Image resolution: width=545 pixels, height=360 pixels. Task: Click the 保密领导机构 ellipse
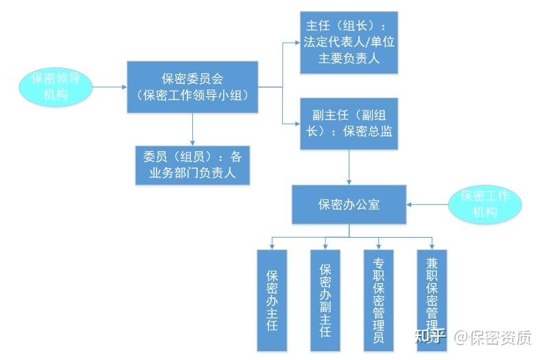pos(56,87)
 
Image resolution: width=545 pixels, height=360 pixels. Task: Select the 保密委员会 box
pos(192,87)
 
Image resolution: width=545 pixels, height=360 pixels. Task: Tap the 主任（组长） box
pos(349,43)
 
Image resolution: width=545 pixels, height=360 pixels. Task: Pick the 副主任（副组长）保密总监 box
pos(349,124)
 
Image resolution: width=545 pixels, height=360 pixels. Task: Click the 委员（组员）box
pos(192,165)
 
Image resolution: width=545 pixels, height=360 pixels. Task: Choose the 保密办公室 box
pos(349,205)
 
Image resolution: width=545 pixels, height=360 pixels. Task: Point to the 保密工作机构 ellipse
pos(485,204)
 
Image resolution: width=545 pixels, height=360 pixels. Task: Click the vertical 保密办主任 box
pos(272,300)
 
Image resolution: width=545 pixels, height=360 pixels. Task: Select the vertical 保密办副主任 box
pos(325,300)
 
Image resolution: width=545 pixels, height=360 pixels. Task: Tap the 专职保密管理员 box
pos(378,300)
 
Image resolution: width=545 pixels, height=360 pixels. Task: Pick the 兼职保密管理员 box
pos(432,300)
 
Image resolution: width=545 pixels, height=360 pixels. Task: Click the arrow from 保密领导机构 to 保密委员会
pos(110,87)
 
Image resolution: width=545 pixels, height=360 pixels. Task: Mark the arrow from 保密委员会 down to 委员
pos(192,129)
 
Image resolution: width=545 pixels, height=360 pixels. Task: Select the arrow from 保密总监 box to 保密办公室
pos(349,168)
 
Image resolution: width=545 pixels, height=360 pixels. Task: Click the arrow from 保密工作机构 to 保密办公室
pos(428,205)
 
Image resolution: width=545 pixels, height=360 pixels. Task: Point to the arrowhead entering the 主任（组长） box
pos(297,43)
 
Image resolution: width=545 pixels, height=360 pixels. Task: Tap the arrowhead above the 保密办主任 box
pos(272,247)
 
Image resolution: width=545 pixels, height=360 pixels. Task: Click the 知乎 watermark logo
pos(430,337)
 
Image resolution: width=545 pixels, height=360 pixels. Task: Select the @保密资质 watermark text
pos(493,337)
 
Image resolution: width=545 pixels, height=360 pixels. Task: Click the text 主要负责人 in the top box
pos(349,58)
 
